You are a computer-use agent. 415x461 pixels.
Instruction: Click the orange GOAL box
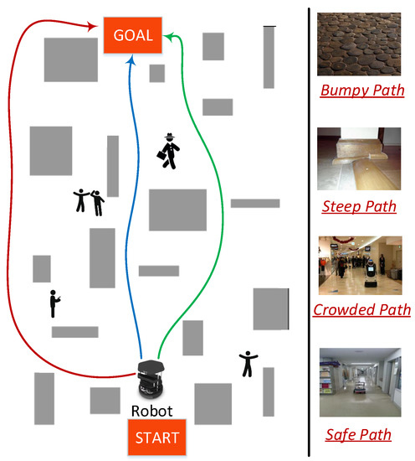[x=131, y=35]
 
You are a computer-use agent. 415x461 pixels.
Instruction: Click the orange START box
[x=152, y=437]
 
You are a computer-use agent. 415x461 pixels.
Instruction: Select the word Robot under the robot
[x=152, y=412]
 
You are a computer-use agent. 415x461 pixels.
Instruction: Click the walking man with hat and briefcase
[x=170, y=151]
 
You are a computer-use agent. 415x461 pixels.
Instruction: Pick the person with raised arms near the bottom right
[x=248, y=363]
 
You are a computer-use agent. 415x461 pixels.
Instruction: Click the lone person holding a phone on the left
[x=55, y=303]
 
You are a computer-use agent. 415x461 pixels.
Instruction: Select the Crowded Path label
[x=362, y=310]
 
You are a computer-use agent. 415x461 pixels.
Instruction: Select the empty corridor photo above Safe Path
[x=361, y=384]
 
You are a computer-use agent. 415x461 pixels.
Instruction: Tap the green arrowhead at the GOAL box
[x=167, y=35]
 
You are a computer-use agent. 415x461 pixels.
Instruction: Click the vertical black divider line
[x=310, y=230]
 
